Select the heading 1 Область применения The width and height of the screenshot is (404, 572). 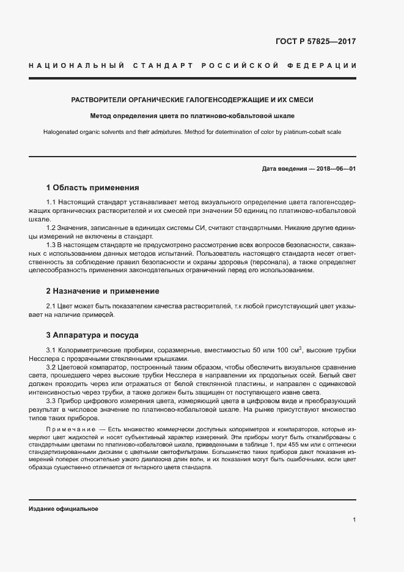[x=93, y=187]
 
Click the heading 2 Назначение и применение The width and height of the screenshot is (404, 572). [x=103, y=291]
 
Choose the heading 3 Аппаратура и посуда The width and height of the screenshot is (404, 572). [x=92, y=335]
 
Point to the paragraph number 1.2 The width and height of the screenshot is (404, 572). [x=53, y=228]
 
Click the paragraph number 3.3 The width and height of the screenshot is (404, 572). [x=53, y=401]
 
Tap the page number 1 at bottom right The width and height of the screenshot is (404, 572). [x=354, y=520]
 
